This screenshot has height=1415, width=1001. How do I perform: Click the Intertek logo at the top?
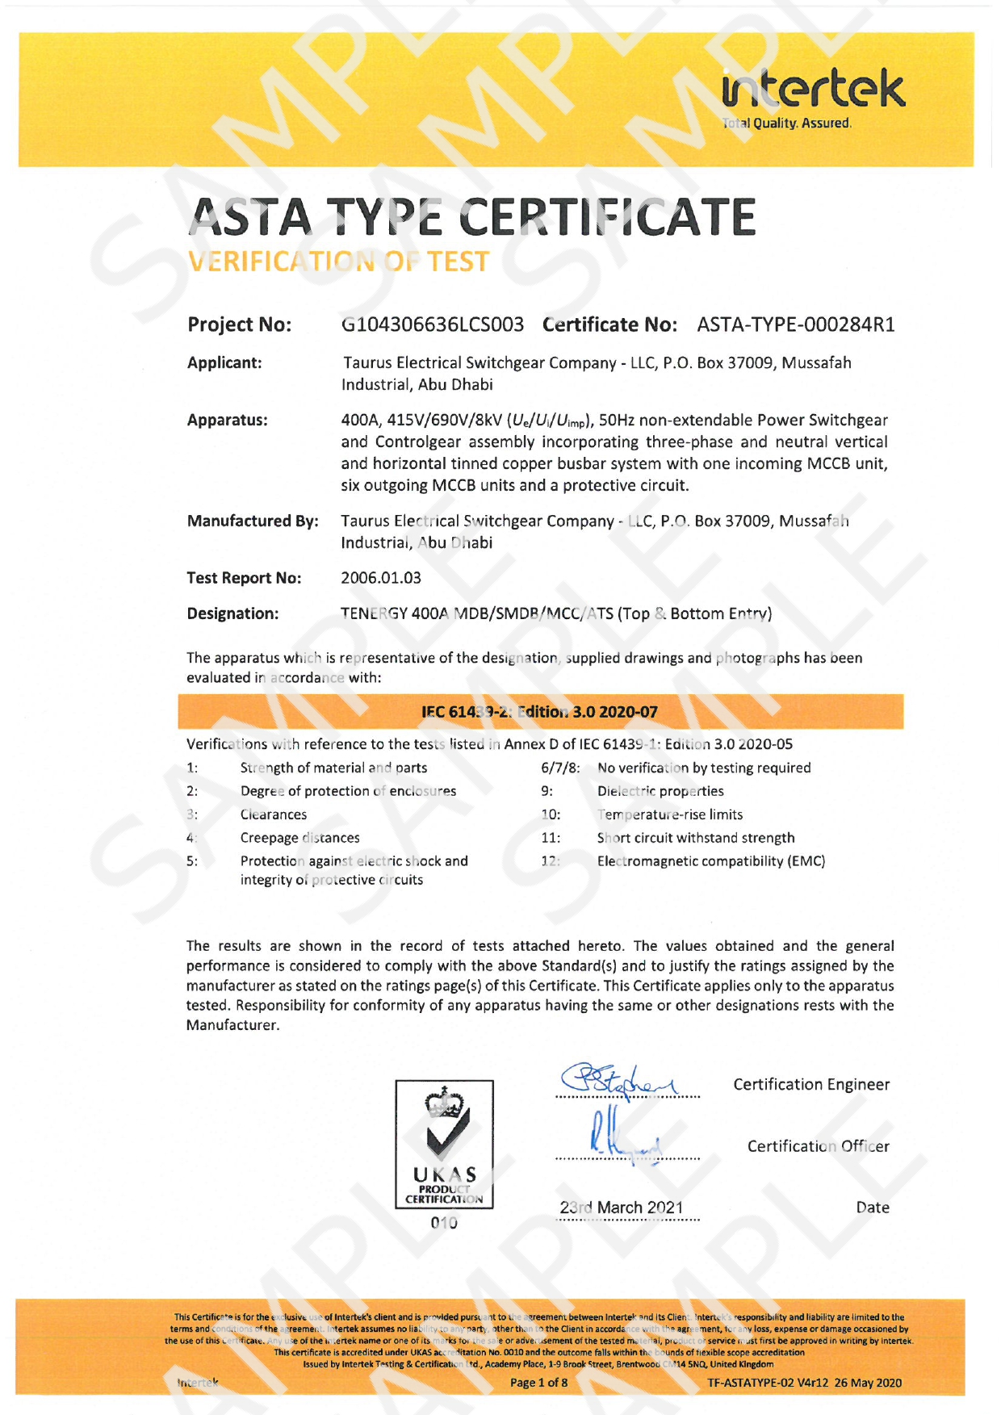pos(813,98)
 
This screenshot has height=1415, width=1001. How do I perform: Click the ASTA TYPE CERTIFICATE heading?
pos(472,217)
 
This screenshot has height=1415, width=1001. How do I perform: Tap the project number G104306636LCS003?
pos(433,324)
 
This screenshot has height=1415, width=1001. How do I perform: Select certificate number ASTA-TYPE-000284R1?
pos(796,324)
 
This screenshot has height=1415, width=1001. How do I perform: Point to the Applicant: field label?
pos(224,363)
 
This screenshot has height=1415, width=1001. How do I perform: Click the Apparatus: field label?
pos(228,421)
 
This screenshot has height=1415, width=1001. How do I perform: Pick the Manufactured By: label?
pos(253,521)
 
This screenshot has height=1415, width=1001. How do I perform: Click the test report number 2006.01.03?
pos(381,578)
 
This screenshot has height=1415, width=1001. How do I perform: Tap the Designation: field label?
pos(232,613)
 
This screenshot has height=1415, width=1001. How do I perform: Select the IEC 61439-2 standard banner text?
pos(539,712)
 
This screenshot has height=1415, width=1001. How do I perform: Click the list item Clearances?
pos(274,815)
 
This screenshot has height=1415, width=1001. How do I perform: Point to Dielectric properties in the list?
pos(660,792)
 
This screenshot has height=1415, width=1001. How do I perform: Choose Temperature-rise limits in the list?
pos(670,815)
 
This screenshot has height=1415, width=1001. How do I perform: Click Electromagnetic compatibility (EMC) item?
pos(711,861)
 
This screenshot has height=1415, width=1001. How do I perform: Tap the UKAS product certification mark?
pos(444,1144)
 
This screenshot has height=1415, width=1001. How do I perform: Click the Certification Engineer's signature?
pos(622,1081)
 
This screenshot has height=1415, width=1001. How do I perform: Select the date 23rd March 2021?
pos(622,1208)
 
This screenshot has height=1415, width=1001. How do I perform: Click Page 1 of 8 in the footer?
pos(538,1383)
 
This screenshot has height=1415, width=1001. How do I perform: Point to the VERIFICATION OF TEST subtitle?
pos(338,262)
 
